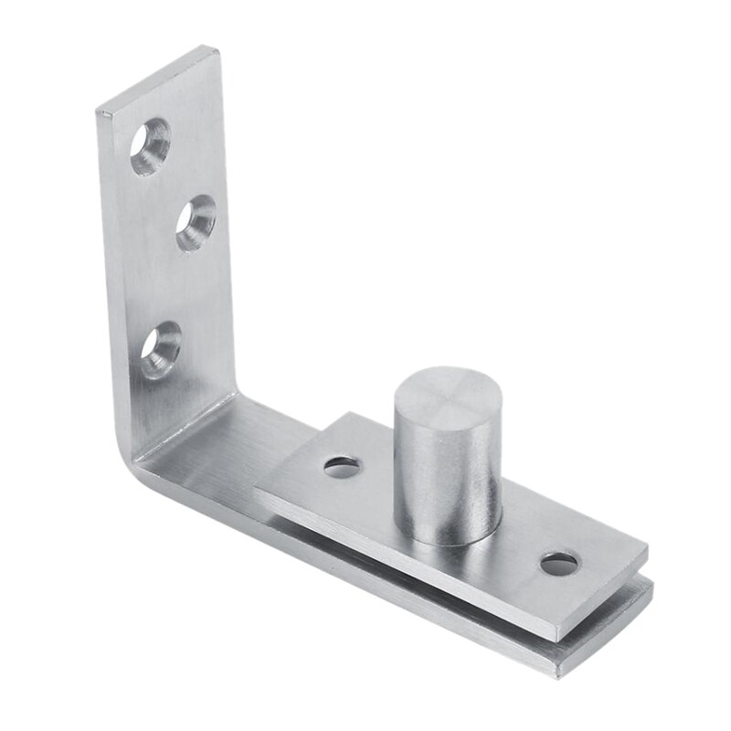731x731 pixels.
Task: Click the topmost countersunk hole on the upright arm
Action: [150, 146]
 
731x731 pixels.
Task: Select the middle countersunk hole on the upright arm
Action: [196, 223]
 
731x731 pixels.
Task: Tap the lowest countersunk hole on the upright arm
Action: [160, 348]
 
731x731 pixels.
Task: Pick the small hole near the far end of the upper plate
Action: [558, 563]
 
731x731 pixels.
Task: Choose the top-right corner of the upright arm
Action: [218, 48]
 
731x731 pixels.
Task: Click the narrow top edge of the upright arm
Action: [157, 79]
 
